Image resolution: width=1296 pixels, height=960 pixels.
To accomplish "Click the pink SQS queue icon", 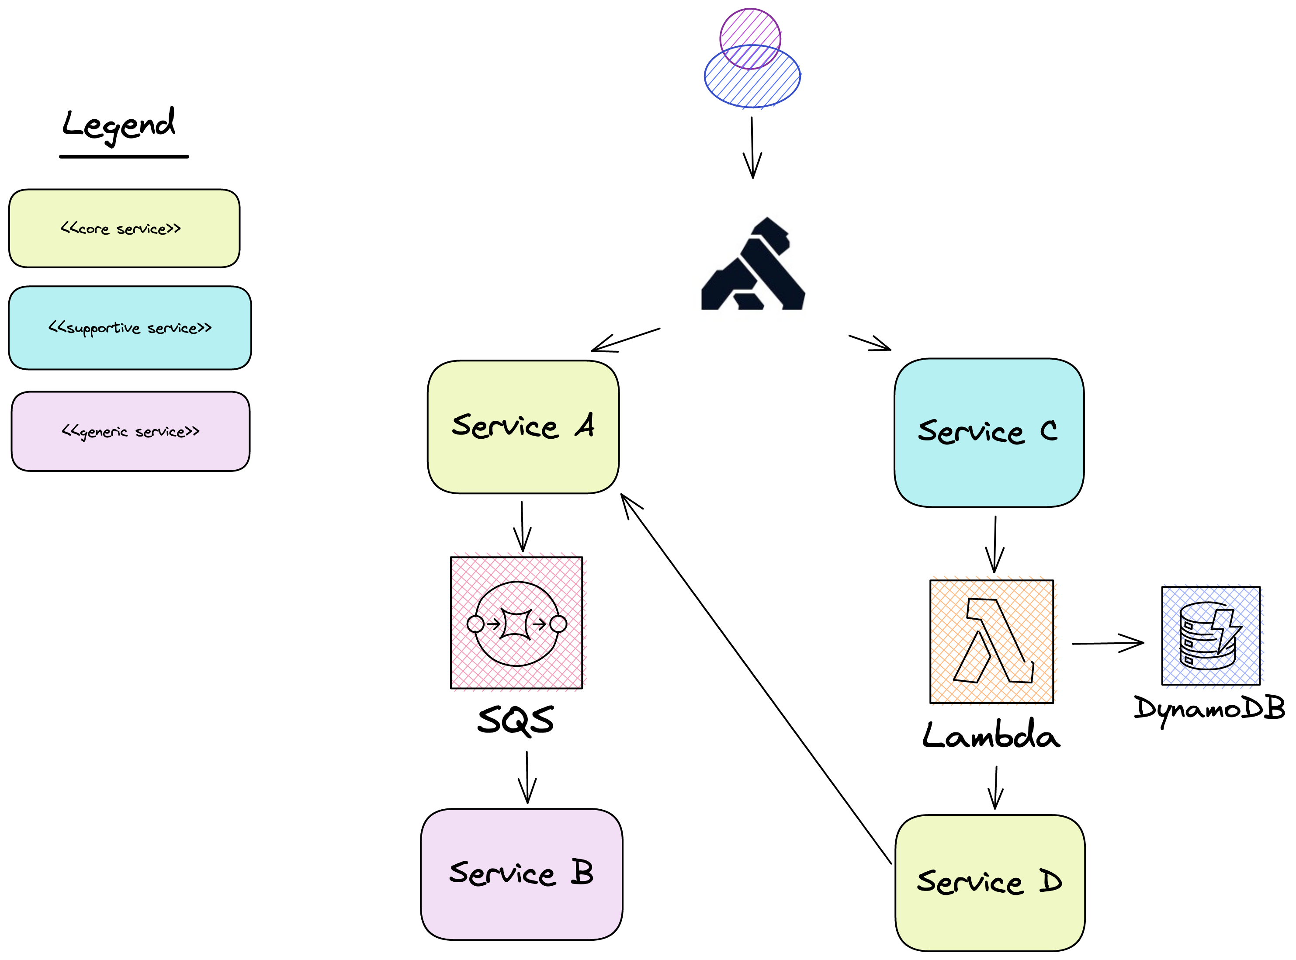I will (x=516, y=623).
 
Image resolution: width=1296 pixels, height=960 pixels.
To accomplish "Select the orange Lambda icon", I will (x=991, y=641).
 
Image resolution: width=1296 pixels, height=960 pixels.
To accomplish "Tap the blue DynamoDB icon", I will (x=1210, y=635).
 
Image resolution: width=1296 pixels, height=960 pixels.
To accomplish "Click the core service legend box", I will (x=124, y=229).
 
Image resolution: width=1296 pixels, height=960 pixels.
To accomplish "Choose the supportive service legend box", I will (x=130, y=328).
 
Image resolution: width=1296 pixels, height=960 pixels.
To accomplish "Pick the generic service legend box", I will (x=130, y=431).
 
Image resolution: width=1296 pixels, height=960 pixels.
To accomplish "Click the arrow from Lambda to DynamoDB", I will (x=1107, y=643).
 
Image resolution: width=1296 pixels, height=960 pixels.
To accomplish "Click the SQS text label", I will (x=516, y=721).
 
